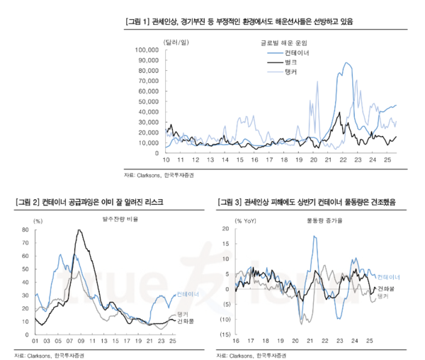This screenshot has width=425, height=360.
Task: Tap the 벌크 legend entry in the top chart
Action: (290, 62)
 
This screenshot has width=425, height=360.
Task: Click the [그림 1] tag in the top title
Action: (135, 22)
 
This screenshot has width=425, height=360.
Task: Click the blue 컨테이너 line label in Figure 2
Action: (187, 293)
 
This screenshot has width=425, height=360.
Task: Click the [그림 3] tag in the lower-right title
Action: (231, 203)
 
